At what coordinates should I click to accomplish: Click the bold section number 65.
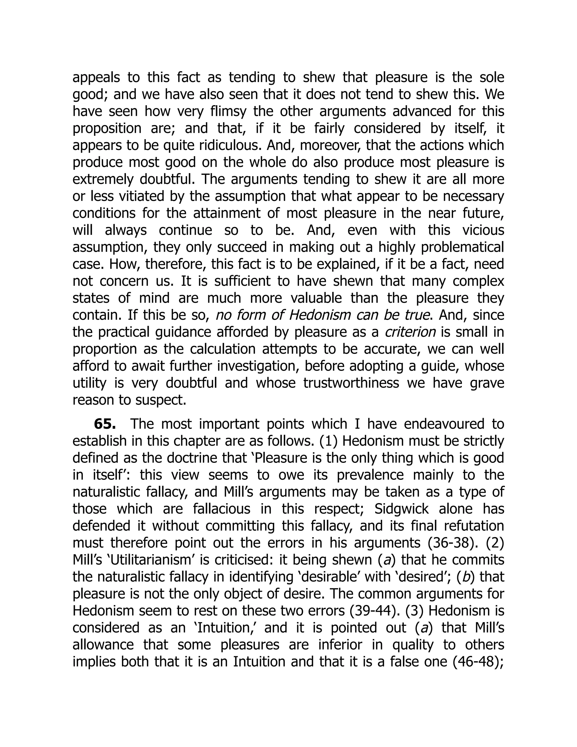[105, 424]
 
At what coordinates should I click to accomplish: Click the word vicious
[483, 230]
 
